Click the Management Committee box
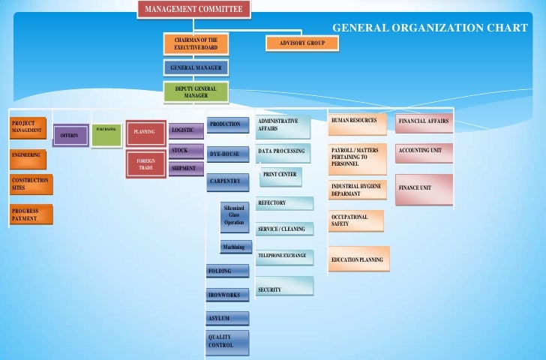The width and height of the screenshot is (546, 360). coord(193,9)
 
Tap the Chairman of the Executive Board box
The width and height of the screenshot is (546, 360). coord(196,43)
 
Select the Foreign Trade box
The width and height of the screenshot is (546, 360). coord(145,165)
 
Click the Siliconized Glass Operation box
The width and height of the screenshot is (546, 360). coord(234,214)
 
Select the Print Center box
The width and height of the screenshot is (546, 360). coord(280,175)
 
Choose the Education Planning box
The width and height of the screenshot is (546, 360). coord(358,259)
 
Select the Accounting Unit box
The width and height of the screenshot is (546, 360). coord(424,152)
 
